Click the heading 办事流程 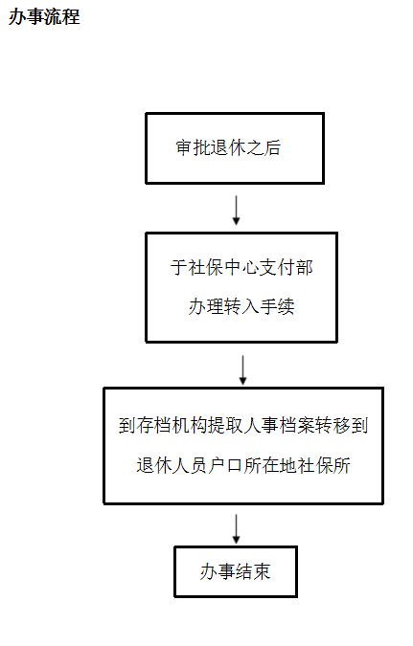pyautogui.click(x=44, y=17)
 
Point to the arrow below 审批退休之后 pyautogui.click(x=236, y=211)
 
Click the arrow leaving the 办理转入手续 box pyautogui.click(x=243, y=370)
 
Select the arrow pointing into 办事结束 pyautogui.click(x=236, y=529)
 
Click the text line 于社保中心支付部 pyautogui.click(x=241, y=267)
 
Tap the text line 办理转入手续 pyautogui.click(x=241, y=306)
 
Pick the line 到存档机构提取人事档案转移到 pyautogui.click(x=243, y=426)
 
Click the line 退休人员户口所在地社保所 pyautogui.click(x=243, y=465)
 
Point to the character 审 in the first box pyautogui.click(x=184, y=147)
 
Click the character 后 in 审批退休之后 pyautogui.click(x=273, y=147)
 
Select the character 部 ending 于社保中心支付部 pyautogui.click(x=305, y=267)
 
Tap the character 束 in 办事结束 pyautogui.click(x=262, y=572)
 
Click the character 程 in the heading pyautogui.click(x=71, y=17)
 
